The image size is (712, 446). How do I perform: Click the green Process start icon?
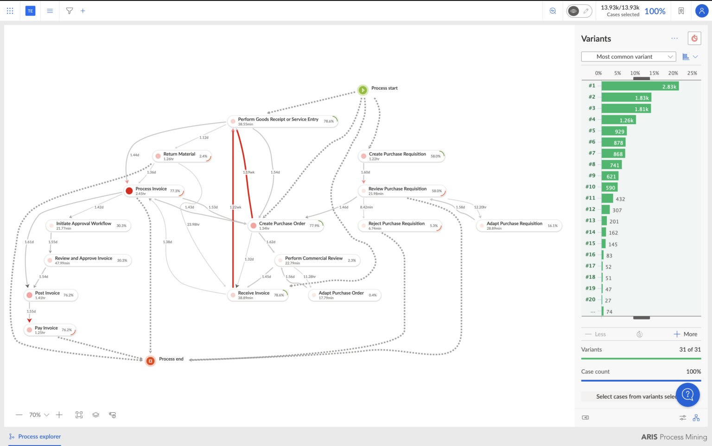point(362,90)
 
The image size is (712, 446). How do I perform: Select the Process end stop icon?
point(150,361)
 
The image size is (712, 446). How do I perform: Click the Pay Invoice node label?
point(46,328)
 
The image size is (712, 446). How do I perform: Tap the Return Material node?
point(179,154)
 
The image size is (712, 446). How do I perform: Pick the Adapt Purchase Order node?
point(341,293)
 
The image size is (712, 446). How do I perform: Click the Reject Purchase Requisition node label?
point(396,224)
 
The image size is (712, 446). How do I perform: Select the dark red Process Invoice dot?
point(129,191)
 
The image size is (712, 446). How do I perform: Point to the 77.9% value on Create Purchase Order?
point(314,226)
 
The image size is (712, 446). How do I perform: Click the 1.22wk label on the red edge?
point(235,207)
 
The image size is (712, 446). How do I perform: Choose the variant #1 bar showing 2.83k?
point(640,86)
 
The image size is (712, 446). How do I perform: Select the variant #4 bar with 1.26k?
point(618,120)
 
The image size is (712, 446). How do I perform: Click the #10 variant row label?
point(590,187)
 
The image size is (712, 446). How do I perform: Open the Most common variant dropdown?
point(628,57)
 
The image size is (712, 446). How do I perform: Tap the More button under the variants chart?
point(685,334)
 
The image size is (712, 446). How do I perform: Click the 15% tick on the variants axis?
point(654,73)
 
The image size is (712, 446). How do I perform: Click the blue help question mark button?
point(688,394)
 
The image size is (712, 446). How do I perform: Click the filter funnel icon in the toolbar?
point(70,11)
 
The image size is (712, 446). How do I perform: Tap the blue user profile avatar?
point(701,11)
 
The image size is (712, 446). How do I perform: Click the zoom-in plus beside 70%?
point(59,415)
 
